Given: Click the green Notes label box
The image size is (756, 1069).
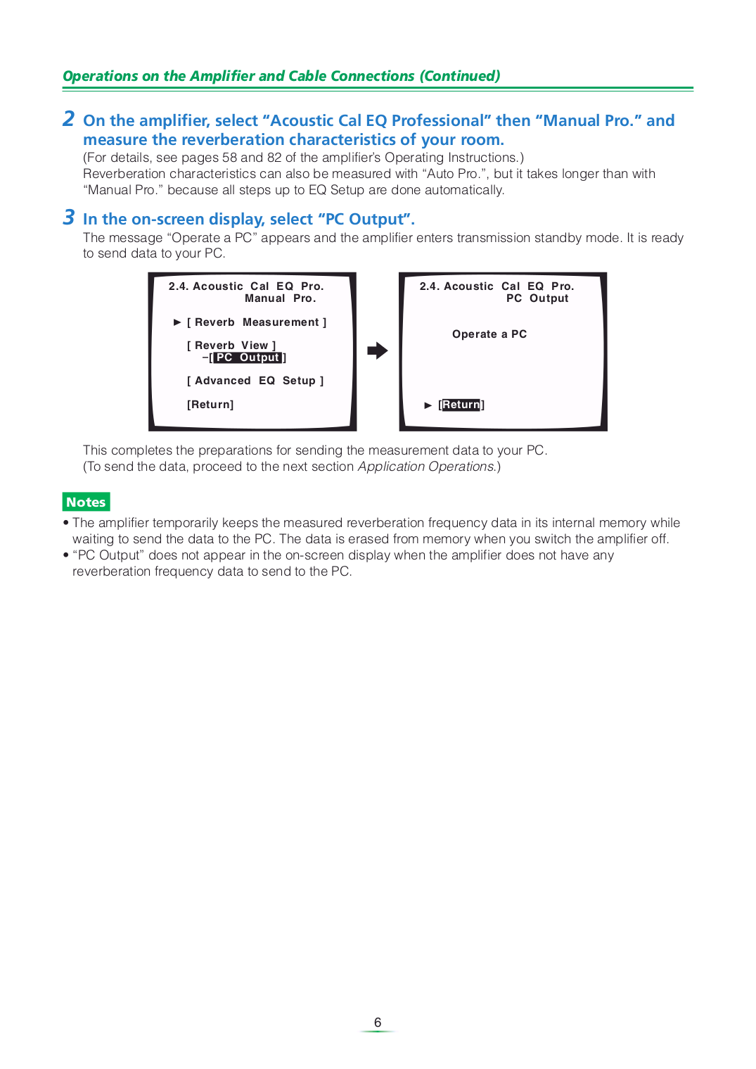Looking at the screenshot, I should pyautogui.click(x=86, y=502).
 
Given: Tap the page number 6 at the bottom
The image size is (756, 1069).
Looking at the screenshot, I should pyautogui.click(x=378, y=1023).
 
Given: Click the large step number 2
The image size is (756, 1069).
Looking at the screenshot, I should pyautogui.click(x=68, y=119).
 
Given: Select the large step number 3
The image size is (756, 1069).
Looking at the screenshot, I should pyautogui.click(x=68, y=217).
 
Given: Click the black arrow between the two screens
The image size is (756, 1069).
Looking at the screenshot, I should pyautogui.click(x=378, y=350).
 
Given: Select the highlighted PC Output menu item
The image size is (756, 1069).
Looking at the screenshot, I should pyautogui.click(x=248, y=358).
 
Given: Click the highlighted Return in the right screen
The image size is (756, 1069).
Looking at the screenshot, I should pyautogui.click(x=461, y=405).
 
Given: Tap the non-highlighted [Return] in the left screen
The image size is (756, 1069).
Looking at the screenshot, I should pyautogui.click(x=210, y=405).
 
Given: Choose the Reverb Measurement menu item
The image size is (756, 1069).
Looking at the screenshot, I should pyautogui.click(x=257, y=322).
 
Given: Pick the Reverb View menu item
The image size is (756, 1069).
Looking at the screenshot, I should pyautogui.click(x=231, y=346).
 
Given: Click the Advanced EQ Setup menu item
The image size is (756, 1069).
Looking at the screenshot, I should pyautogui.click(x=255, y=381).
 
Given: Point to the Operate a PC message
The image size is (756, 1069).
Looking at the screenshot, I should pyautogui.click(x=489, y=334).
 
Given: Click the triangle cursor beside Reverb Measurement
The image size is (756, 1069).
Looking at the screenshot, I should pyautogui.click(x=177, y=322).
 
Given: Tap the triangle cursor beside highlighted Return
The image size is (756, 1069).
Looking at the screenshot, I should pyautogui.click(x=428, y=405).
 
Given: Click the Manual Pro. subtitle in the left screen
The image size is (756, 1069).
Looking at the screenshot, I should pyautogui.click(x=280, y=298).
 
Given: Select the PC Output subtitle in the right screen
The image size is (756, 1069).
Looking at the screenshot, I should pyautogui.click(x=537, y=298).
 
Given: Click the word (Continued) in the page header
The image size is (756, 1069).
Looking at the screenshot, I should pyautogui.click(x=460, y=76).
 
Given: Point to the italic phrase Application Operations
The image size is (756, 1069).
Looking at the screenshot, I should pyautogui.click(x=425, y=467).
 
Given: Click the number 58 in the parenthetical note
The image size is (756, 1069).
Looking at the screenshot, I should pyautogui.click(x=229, y=158).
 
